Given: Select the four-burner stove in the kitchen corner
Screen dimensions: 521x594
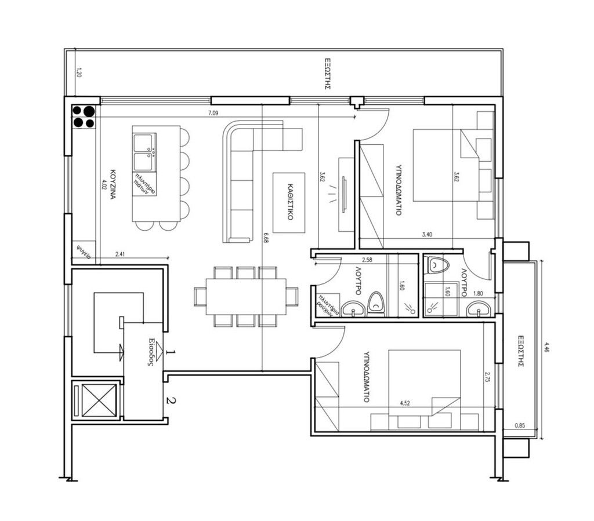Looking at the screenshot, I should [x=84, y=116].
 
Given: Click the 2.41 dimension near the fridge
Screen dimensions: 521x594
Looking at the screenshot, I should [x=121, y=253].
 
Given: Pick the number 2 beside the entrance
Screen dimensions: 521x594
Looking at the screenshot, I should [x=170, y=400].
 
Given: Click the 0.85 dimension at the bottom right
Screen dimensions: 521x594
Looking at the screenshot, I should [x=520, y=428].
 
